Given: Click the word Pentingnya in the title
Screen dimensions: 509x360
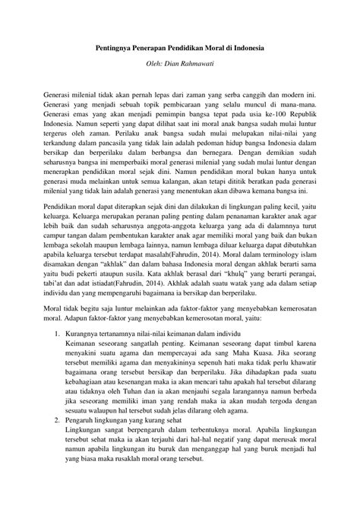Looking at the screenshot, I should pos(114,47).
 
